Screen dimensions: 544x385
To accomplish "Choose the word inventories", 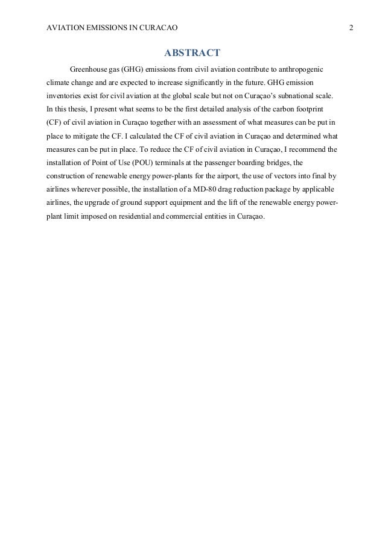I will click(64, 96).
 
